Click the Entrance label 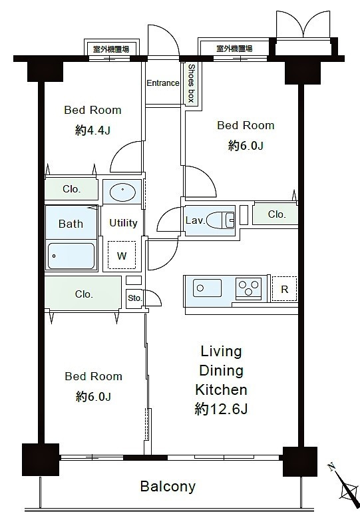click(163, 83)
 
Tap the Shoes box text click(191, 83)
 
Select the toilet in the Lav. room click(221, 220)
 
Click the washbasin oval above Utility click(122, 192)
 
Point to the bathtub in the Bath click(71, 256)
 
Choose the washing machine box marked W click(122, 255)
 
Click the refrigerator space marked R click(284, 289)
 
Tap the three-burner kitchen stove click(249, 288)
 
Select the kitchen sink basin click(207, 288)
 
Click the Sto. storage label click(135, 298)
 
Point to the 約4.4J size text click(92, 130)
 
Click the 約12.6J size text click(221, 409)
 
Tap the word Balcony click(168, 486)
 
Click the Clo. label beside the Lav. click(277, 214)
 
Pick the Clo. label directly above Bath click(71, 189)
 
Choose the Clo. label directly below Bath click(84, 294)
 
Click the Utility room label click(123, 223)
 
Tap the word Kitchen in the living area click(221, 389)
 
